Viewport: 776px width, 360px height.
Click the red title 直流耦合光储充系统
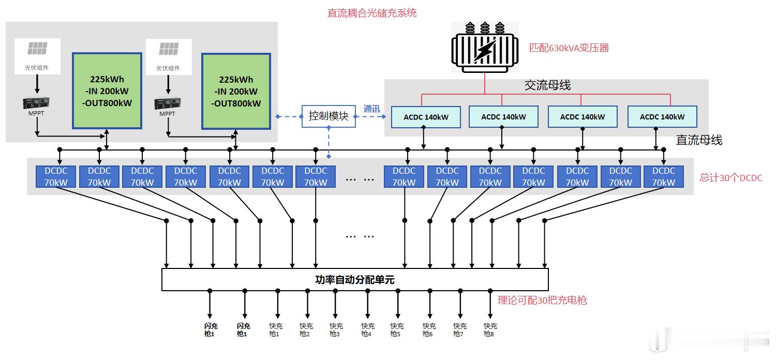(371, 13)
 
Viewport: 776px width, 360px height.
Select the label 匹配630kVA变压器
(569, 48)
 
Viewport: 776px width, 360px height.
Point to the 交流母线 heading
(547, 85)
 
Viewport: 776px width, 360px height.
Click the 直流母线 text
(699, 140)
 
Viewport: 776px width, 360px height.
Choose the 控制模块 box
(329, 116)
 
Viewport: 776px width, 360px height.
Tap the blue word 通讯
(371, 109)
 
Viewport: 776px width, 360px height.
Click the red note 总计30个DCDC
(731, 177)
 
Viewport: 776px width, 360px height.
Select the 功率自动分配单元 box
(355, 279)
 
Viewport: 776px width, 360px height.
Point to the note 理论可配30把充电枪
(542, 300)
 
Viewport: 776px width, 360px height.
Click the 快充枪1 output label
(274, 330)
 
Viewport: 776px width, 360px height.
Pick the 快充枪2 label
(306, 330)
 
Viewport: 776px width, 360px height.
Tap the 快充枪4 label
(368, 330)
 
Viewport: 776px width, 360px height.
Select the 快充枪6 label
(429, 330)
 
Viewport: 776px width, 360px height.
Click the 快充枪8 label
(490, 330)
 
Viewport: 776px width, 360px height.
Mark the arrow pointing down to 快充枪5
(398, 305)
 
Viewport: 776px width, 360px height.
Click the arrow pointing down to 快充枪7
(460, 305)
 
